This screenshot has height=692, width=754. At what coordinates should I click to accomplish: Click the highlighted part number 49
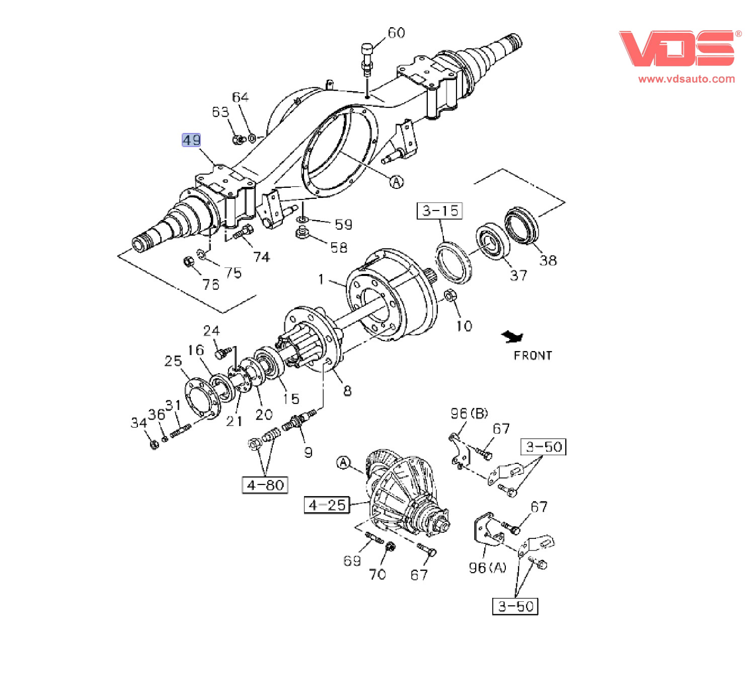[191, 140]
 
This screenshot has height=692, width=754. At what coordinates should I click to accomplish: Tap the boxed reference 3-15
[439, 211]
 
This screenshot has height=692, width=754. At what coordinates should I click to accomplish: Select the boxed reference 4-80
[265, 485]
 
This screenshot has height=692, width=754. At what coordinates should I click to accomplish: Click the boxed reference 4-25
[327, 505]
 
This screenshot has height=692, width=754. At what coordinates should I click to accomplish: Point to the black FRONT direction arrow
[512, 336]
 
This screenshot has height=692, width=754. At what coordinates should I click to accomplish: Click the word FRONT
[533, 356]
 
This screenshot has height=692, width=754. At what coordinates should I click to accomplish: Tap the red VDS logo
[677, 48]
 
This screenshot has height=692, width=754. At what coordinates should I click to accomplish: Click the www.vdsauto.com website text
[686, 79]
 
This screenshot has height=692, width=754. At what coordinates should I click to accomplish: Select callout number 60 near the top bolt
[396, 33]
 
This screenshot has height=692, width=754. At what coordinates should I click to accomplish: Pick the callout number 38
[548, 260]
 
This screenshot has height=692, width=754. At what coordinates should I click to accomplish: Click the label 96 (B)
[469, 413]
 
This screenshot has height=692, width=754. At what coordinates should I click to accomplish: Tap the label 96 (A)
[487, 568]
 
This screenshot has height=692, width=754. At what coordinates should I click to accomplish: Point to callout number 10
[464, 326]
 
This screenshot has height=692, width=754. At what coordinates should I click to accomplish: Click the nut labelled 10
[450, 296]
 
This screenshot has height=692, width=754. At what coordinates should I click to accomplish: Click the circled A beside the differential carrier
[343, 462]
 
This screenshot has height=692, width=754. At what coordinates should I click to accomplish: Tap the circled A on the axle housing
[397, 182]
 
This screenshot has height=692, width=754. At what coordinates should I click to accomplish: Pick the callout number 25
[173, 361]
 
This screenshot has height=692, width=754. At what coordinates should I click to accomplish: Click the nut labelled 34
[155, 444]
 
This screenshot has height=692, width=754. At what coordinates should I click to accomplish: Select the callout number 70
[377, 574]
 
